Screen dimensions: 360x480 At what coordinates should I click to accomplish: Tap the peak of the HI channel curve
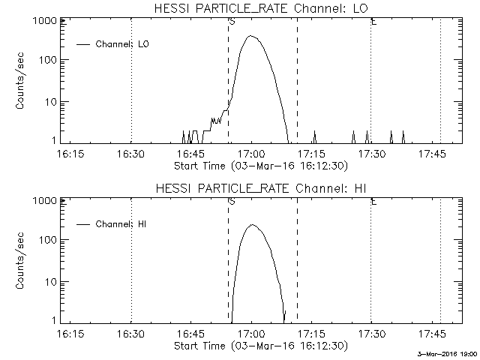pyautogui.click(x=253, y=225)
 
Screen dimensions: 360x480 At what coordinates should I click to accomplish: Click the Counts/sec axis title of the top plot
pyautogui.click(x=22, y=82)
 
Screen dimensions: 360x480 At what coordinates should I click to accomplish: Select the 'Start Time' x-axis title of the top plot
pyautogui.click(x=259, y=166)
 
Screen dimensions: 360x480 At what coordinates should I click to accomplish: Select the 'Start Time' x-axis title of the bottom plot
pyautogui.click(x=259, y=346)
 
